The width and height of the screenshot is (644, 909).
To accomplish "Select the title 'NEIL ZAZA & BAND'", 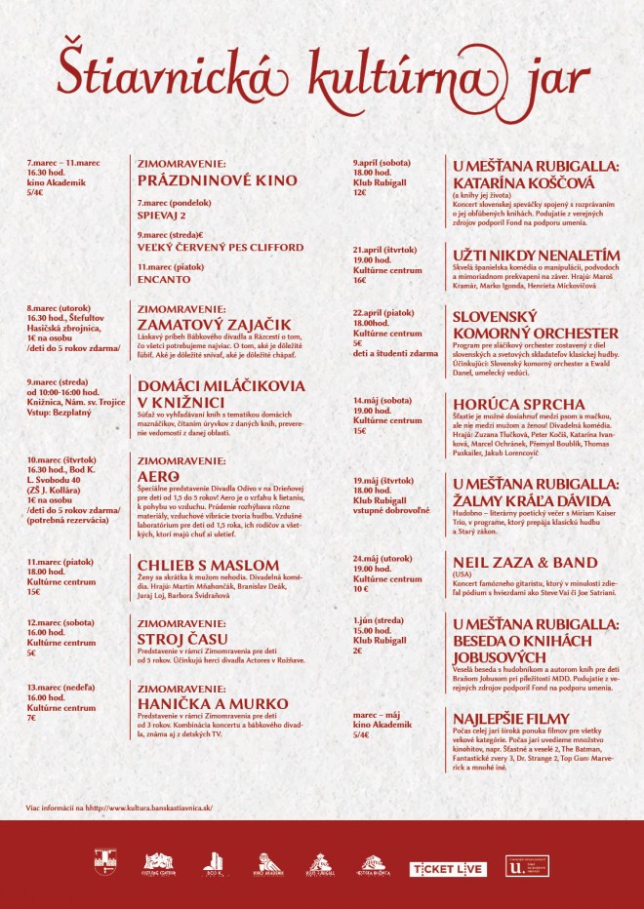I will (525, 563).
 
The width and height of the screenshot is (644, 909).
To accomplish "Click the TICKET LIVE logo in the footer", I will (447, 868).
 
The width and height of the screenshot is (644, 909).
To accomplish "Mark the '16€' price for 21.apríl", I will (359, 280).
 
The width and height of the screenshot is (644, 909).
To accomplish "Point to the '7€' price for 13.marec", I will (32, 718).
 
